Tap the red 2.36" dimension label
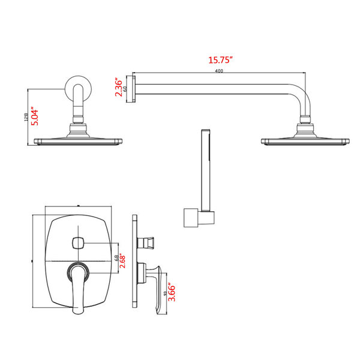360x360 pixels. click(x=118, y=87)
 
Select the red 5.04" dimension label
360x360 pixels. click(x=35, y=116)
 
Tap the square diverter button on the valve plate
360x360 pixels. click(x=77, y=243)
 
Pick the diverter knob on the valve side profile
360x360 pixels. click(x=145, y=242)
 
